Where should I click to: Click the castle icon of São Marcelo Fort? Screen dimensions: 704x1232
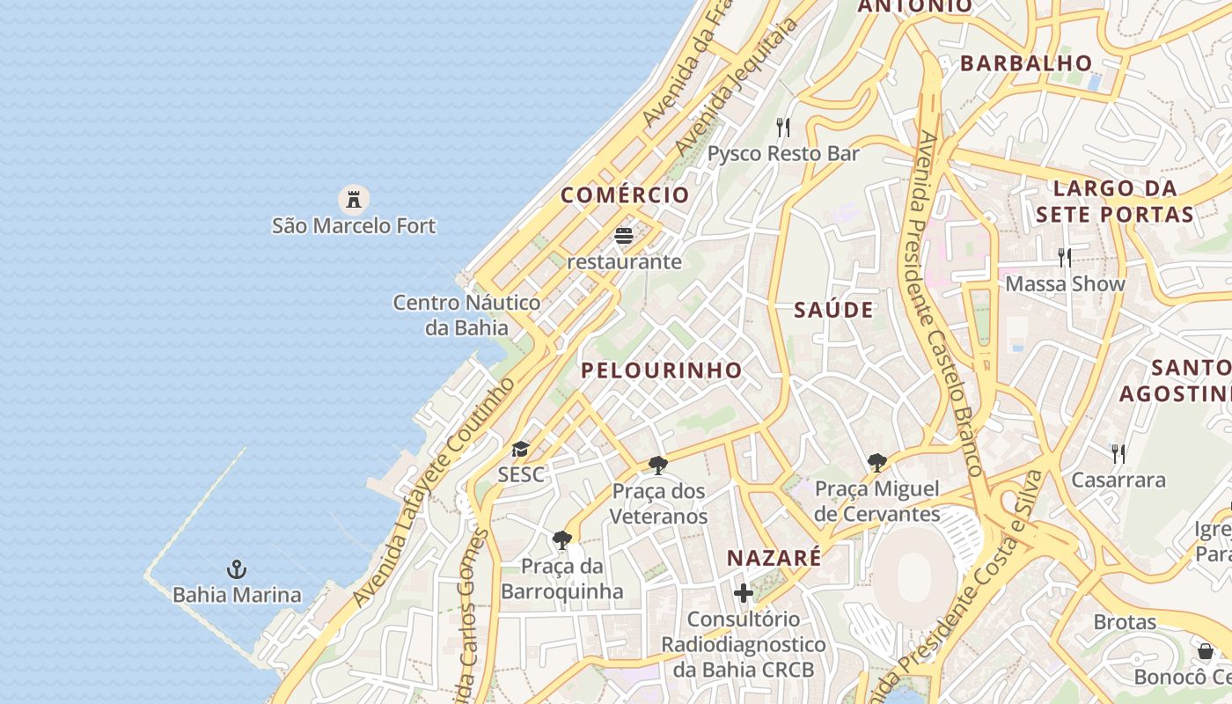(x=354, y=199)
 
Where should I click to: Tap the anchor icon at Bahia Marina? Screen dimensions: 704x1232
(x=236, y=568)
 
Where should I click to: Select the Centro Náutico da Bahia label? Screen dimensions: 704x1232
(x=466, y=315)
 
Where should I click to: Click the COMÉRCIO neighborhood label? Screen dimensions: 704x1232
(x=625, y=195)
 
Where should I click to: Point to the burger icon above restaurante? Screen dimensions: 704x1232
(x=624, y=236)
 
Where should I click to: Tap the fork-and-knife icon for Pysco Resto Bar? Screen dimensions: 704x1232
(x=783, y=128)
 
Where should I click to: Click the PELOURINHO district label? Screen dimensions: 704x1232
(x=662, y=370)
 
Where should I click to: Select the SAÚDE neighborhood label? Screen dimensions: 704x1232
(x=833, y=310)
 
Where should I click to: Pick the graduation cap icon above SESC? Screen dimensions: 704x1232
(x=521, y=450)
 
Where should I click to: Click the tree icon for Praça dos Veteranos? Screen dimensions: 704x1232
(x=658, y=466)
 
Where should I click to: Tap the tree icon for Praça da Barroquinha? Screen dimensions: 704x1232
(x=562, y=540)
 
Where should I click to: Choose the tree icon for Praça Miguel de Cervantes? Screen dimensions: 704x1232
(x=877, y=463)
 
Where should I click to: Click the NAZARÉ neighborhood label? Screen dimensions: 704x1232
(x=774, y=558)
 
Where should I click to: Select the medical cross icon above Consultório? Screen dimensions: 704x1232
(x=744, y=593)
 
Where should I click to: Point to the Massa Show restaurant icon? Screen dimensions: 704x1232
(x=1065, y=257)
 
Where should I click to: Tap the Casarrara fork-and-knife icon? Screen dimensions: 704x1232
(x=1118, y=453)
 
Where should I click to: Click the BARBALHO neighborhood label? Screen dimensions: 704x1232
(x=1026, y=63)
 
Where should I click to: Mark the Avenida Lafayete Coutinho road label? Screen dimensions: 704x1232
(x=434, y=493)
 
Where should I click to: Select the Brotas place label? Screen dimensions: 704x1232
(x=1125, y=622)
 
